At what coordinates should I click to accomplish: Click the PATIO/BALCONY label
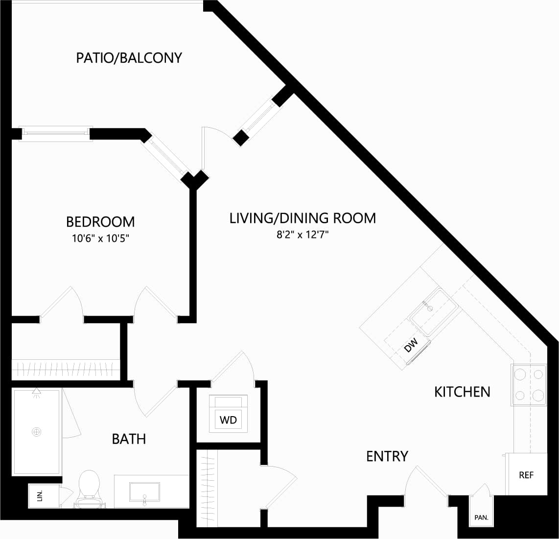[129, 58]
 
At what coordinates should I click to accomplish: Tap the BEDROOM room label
[100, 222]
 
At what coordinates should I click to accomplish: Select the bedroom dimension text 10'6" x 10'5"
[100, 239]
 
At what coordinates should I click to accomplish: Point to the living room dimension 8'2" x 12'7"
[302, 234]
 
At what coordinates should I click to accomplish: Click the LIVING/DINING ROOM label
[303, 218]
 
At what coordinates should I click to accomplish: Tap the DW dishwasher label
[411, 345]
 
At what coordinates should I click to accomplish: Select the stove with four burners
[529, 385]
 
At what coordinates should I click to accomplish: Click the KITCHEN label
[462, 392]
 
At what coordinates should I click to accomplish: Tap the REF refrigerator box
[526, 474]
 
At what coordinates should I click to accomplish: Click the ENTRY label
[387, 456]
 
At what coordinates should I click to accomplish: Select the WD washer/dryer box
[228, 420]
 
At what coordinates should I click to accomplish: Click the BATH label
[129, 439]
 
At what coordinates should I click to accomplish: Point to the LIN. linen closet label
[40, 495]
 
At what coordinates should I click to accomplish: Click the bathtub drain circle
[36, 432]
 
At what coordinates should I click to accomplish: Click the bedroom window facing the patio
[55, 132]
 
